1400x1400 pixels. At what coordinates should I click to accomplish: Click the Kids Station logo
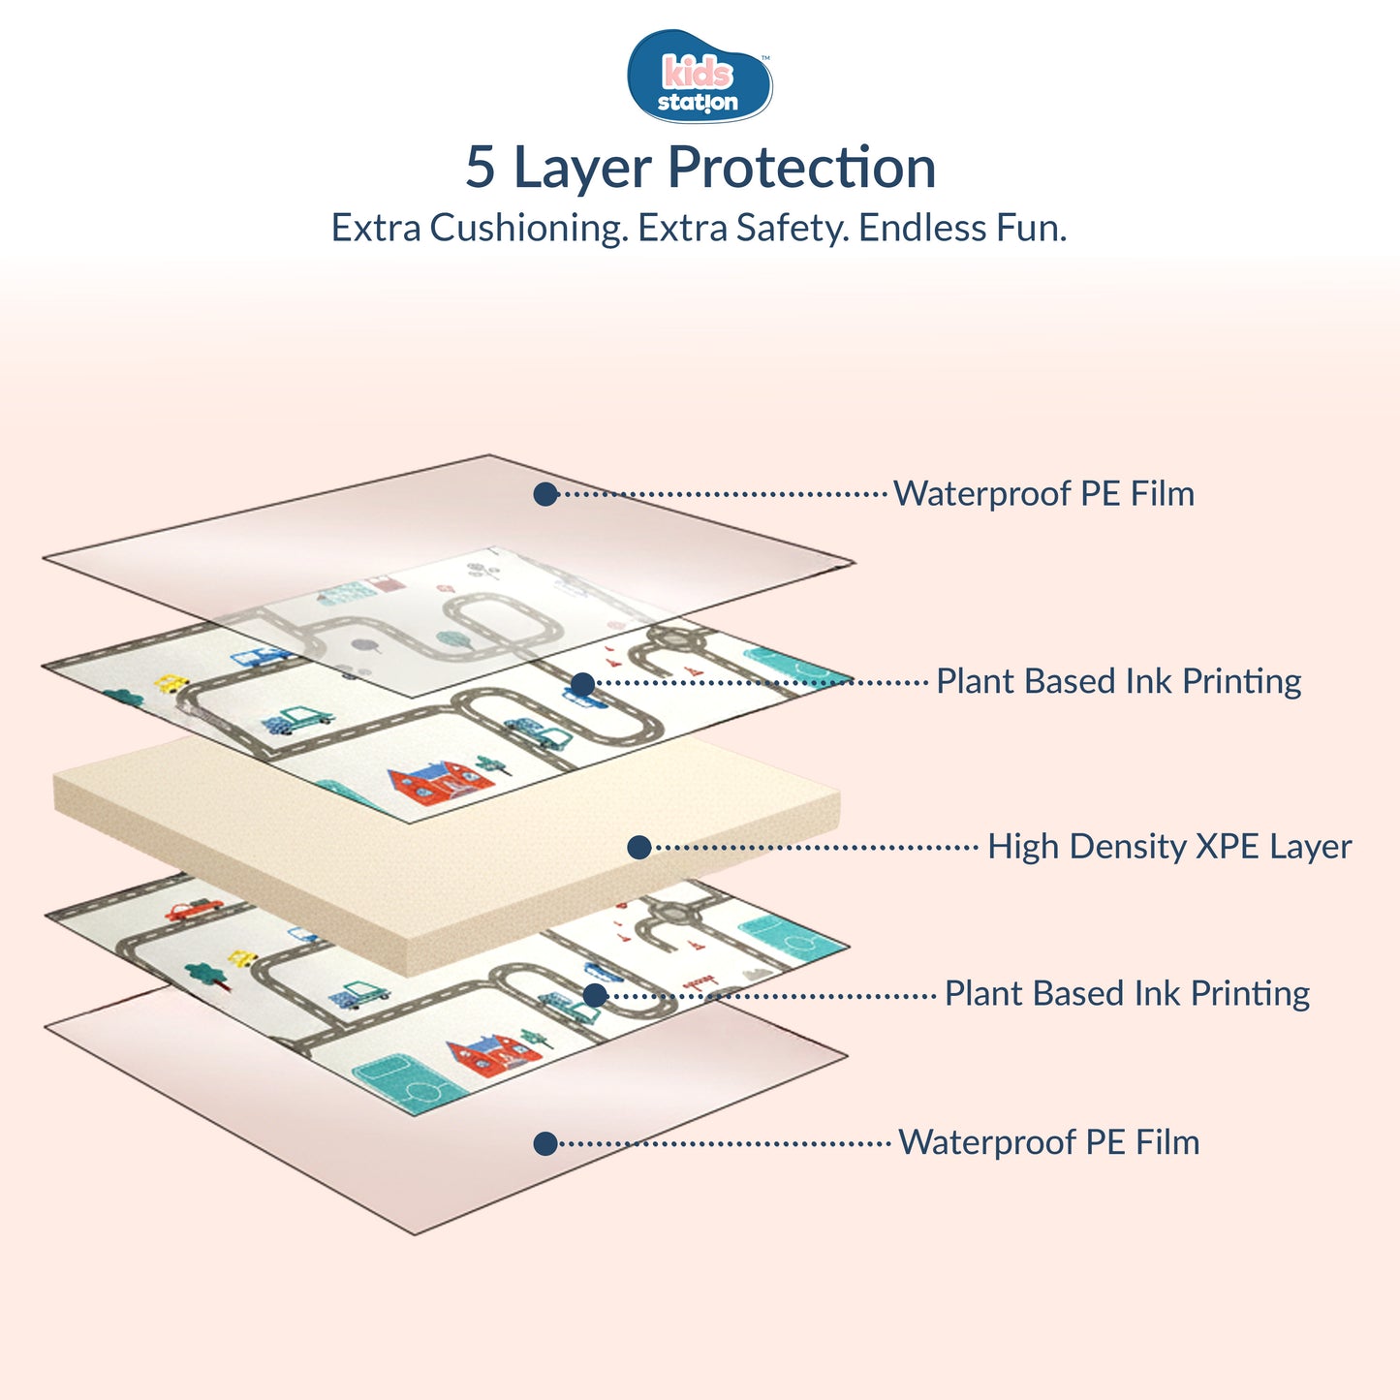pyautogui.click(x=700, y=77)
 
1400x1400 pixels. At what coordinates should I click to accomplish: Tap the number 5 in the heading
pyautogui.click(x=481, y=167)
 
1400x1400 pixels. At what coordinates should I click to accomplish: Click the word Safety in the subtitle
pyautogui.click(x=791, y=229)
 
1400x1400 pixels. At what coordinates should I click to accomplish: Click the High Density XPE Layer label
pyautogui.click(x=1168, y=847)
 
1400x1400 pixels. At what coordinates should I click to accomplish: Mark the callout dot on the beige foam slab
pyautogui.click(x=638, y=848)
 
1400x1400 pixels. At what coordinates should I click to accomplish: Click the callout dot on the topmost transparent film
pyautogui.click(x=545, y=494)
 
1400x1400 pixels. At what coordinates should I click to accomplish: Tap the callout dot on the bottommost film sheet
pyautogui.click(x=545, y=1143)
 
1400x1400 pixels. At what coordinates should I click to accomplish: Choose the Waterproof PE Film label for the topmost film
pyautogui.click(x=1043, y=494)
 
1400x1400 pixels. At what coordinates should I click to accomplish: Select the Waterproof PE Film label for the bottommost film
pyautogui.click(x=1048, y=1142)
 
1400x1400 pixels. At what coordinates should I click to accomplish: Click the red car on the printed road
pyautogui.click(x=193, y=909)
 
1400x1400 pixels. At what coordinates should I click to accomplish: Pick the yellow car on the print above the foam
pyautogui.click(x=172, y=683)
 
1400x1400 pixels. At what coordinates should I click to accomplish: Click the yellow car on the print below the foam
pyautogui.click(x=242, y=958)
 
